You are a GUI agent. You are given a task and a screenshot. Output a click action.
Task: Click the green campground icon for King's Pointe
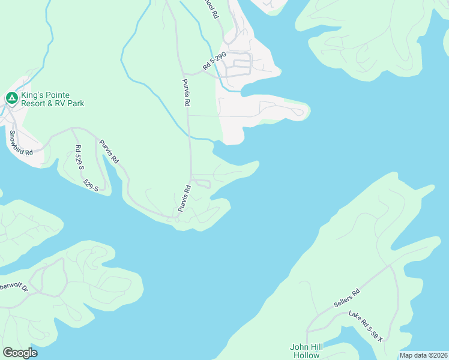click(x=11, y=97)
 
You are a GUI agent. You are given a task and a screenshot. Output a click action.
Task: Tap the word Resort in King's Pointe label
click(x=36, y=104)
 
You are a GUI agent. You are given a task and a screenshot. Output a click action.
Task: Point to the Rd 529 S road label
click(x=79, y=158)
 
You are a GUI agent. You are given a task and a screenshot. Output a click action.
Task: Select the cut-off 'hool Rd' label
click(x=210, y=9)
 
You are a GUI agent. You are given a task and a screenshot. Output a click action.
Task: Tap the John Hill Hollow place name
click(x=307, y=351)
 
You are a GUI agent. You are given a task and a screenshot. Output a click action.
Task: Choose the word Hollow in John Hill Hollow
click(x=307, y=355)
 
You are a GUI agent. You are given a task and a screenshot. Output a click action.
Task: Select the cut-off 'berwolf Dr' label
click(x=14, y=287)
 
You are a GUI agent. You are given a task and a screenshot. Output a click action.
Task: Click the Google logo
click(x=20, y=353)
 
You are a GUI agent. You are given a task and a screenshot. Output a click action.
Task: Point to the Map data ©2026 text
click(x=423, y=355)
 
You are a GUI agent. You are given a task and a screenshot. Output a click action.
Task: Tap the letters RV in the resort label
click(x=62, y=104)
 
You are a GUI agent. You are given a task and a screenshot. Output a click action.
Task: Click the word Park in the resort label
click(x=76, y=104)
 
